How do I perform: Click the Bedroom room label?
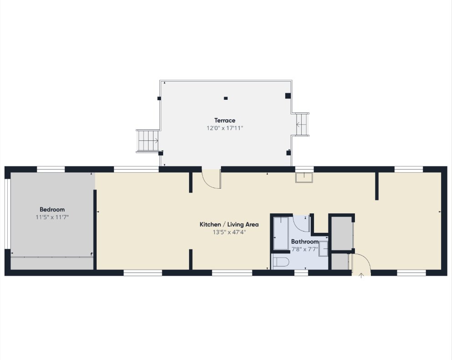(52, 210)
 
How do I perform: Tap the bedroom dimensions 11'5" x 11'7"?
(52, 217)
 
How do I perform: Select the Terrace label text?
(225, 120)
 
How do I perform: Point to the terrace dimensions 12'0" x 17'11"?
(225, 128)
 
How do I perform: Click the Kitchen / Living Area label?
(229, 224)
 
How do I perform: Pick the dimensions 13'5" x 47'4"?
(229, 232)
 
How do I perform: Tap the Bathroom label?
(305, 242)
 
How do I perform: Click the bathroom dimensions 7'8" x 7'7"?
(305, 249)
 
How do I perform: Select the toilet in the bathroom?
(281, 262)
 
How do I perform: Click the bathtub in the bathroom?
(281, 233)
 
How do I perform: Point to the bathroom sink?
(323, 249)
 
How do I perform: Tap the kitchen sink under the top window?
(304, 178)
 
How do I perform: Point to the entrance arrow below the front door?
(361, 276)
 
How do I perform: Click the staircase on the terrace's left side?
(148, 141)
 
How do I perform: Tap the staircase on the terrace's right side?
(302, 124)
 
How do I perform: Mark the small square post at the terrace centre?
(226, 98)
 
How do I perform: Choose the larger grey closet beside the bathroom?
(342, 233)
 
